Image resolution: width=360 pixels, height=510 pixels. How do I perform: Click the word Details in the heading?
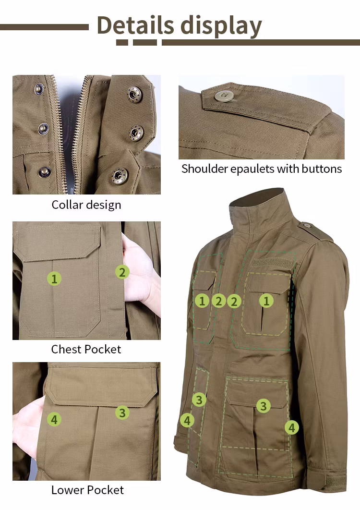pos(135,25)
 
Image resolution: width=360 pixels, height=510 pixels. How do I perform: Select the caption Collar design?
pos(86,205)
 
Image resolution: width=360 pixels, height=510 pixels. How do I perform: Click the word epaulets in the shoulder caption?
pos(252,169)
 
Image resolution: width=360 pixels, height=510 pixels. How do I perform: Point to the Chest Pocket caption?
pos(86,349)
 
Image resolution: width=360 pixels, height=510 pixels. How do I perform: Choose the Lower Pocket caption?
pos(87,490)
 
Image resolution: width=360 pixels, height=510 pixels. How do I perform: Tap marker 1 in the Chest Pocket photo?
pos(54,279)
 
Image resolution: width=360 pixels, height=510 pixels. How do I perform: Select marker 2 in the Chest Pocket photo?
pos(122,272)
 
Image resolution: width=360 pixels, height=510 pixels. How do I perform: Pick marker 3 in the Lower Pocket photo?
pos(122,413)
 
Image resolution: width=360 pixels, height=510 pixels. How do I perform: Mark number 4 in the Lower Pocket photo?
pos(54,420)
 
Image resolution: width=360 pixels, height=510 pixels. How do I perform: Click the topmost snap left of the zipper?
pos(39,89)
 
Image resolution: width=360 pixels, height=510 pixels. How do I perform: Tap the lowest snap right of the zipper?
pos(120,176)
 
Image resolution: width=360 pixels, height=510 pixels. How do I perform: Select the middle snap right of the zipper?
pos(136,134)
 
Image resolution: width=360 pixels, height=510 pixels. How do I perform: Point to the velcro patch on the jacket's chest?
pos(273,262)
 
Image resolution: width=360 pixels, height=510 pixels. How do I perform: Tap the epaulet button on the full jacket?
pos(306,225)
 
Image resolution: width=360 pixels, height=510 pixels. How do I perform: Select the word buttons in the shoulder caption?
pos(322,169)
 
